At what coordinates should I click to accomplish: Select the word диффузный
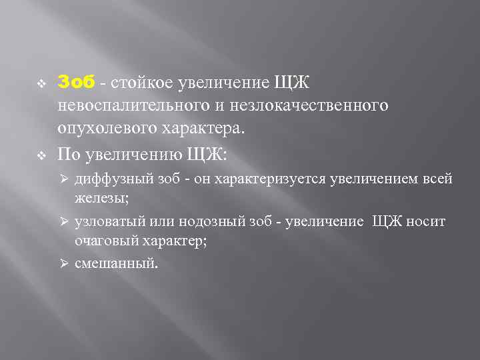105,179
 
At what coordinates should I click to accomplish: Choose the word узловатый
107,221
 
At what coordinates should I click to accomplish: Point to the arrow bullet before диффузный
65,179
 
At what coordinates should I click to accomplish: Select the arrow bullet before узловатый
65,221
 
